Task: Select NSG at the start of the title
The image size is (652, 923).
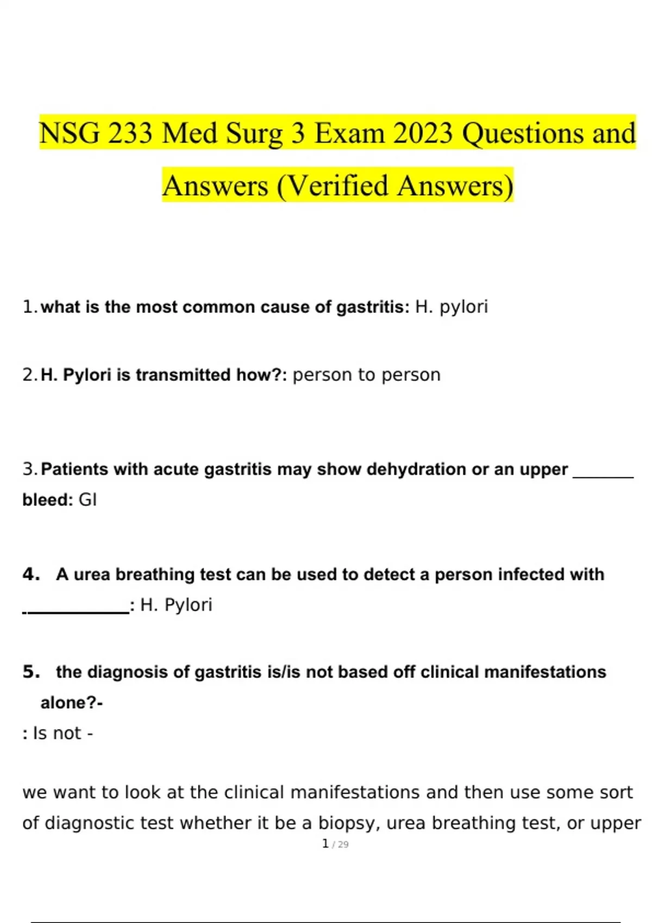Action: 70,133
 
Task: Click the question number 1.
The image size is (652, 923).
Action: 28,307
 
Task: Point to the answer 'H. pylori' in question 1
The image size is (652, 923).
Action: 451,307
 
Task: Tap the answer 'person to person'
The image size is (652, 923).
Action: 366,375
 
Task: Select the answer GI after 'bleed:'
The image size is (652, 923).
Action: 87,500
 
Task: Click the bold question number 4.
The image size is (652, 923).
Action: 30,574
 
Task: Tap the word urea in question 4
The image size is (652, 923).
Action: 92,574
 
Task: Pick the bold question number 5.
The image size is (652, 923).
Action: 30,672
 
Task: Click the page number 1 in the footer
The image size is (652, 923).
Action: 325,844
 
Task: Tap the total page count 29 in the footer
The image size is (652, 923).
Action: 343,845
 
